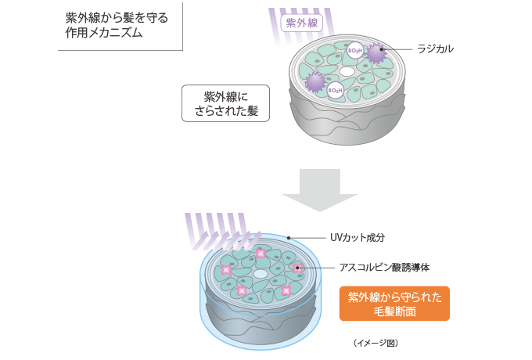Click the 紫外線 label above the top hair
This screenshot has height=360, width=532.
pyautogui.click(x=301, y=23)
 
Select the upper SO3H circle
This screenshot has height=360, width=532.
pyautogui.click(x=354, y=51)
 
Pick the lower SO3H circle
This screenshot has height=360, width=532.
pyautogui.click(x=335, y=91)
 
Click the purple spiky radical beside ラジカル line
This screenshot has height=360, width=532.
pyautogui.click(x=378, y=53)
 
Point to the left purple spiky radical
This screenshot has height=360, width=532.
pyautogui.click(x=315, y=81)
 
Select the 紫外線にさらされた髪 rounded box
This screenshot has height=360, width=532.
pyautogui.click(x=225, y=103)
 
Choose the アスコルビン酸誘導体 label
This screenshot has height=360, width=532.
pyautogui.click(x=384, y=268)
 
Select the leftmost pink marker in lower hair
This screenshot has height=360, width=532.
pyautogui.click(x=226, y=269)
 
